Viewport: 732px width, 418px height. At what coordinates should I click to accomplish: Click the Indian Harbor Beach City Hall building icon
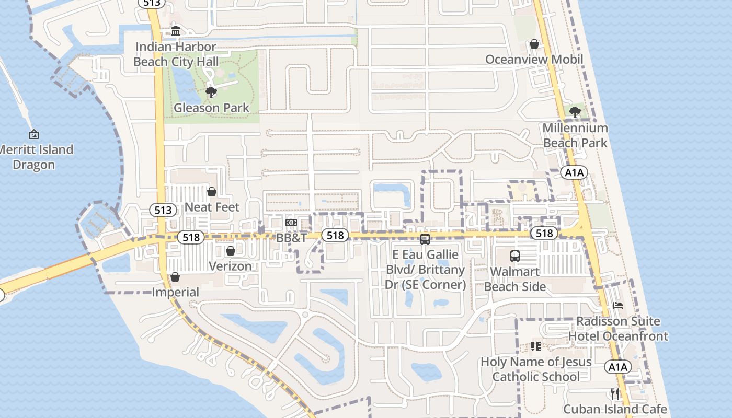coord(175,31)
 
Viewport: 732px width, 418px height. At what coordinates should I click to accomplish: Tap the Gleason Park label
coord(211,108)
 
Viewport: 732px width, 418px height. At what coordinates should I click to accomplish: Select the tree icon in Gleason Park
coord(211,93)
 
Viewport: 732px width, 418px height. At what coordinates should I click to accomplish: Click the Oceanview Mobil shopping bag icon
coord(534,44)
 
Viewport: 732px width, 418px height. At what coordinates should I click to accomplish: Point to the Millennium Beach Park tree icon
coord(575,112)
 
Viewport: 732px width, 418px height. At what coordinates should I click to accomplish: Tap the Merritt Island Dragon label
coord(35,157)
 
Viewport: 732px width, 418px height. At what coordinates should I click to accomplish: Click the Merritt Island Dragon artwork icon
coord(34,135)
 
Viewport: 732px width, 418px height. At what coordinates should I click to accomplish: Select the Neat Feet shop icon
coord(212,192)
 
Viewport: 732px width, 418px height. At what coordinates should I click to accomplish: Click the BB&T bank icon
coord(291,223)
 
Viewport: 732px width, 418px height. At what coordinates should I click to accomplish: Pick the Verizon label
coord(230,266)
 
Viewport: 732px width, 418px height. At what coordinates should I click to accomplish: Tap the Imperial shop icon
coord(175,277)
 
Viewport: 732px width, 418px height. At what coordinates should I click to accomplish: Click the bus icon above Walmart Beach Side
coord(515,256)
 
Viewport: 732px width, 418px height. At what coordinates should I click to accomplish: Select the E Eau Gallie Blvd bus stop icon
coord(425,239)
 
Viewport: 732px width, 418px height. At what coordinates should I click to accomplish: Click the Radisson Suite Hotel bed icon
coord(618,306)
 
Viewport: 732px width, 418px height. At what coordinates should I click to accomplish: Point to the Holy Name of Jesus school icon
coord(535,346)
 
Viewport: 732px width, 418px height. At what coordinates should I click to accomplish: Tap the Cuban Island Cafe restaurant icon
coord(615,393)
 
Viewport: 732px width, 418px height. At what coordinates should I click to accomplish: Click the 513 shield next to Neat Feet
coord(163,210)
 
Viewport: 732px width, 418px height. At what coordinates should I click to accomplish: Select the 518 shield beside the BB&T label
coord(335,235)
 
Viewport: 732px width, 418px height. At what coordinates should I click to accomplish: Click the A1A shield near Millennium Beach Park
coord(574,172)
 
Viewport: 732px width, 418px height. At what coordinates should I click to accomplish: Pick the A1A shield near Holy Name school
coord(617,367)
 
